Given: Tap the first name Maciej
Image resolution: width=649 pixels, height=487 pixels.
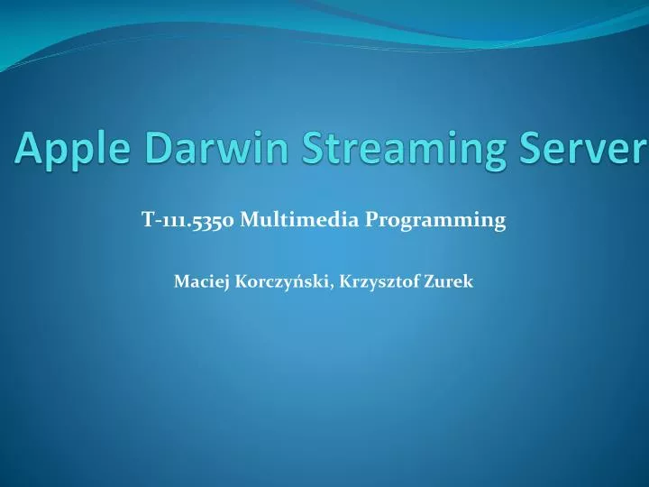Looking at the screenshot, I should coord(197,281).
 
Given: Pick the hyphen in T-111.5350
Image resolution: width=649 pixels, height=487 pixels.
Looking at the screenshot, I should coord(153,220).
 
